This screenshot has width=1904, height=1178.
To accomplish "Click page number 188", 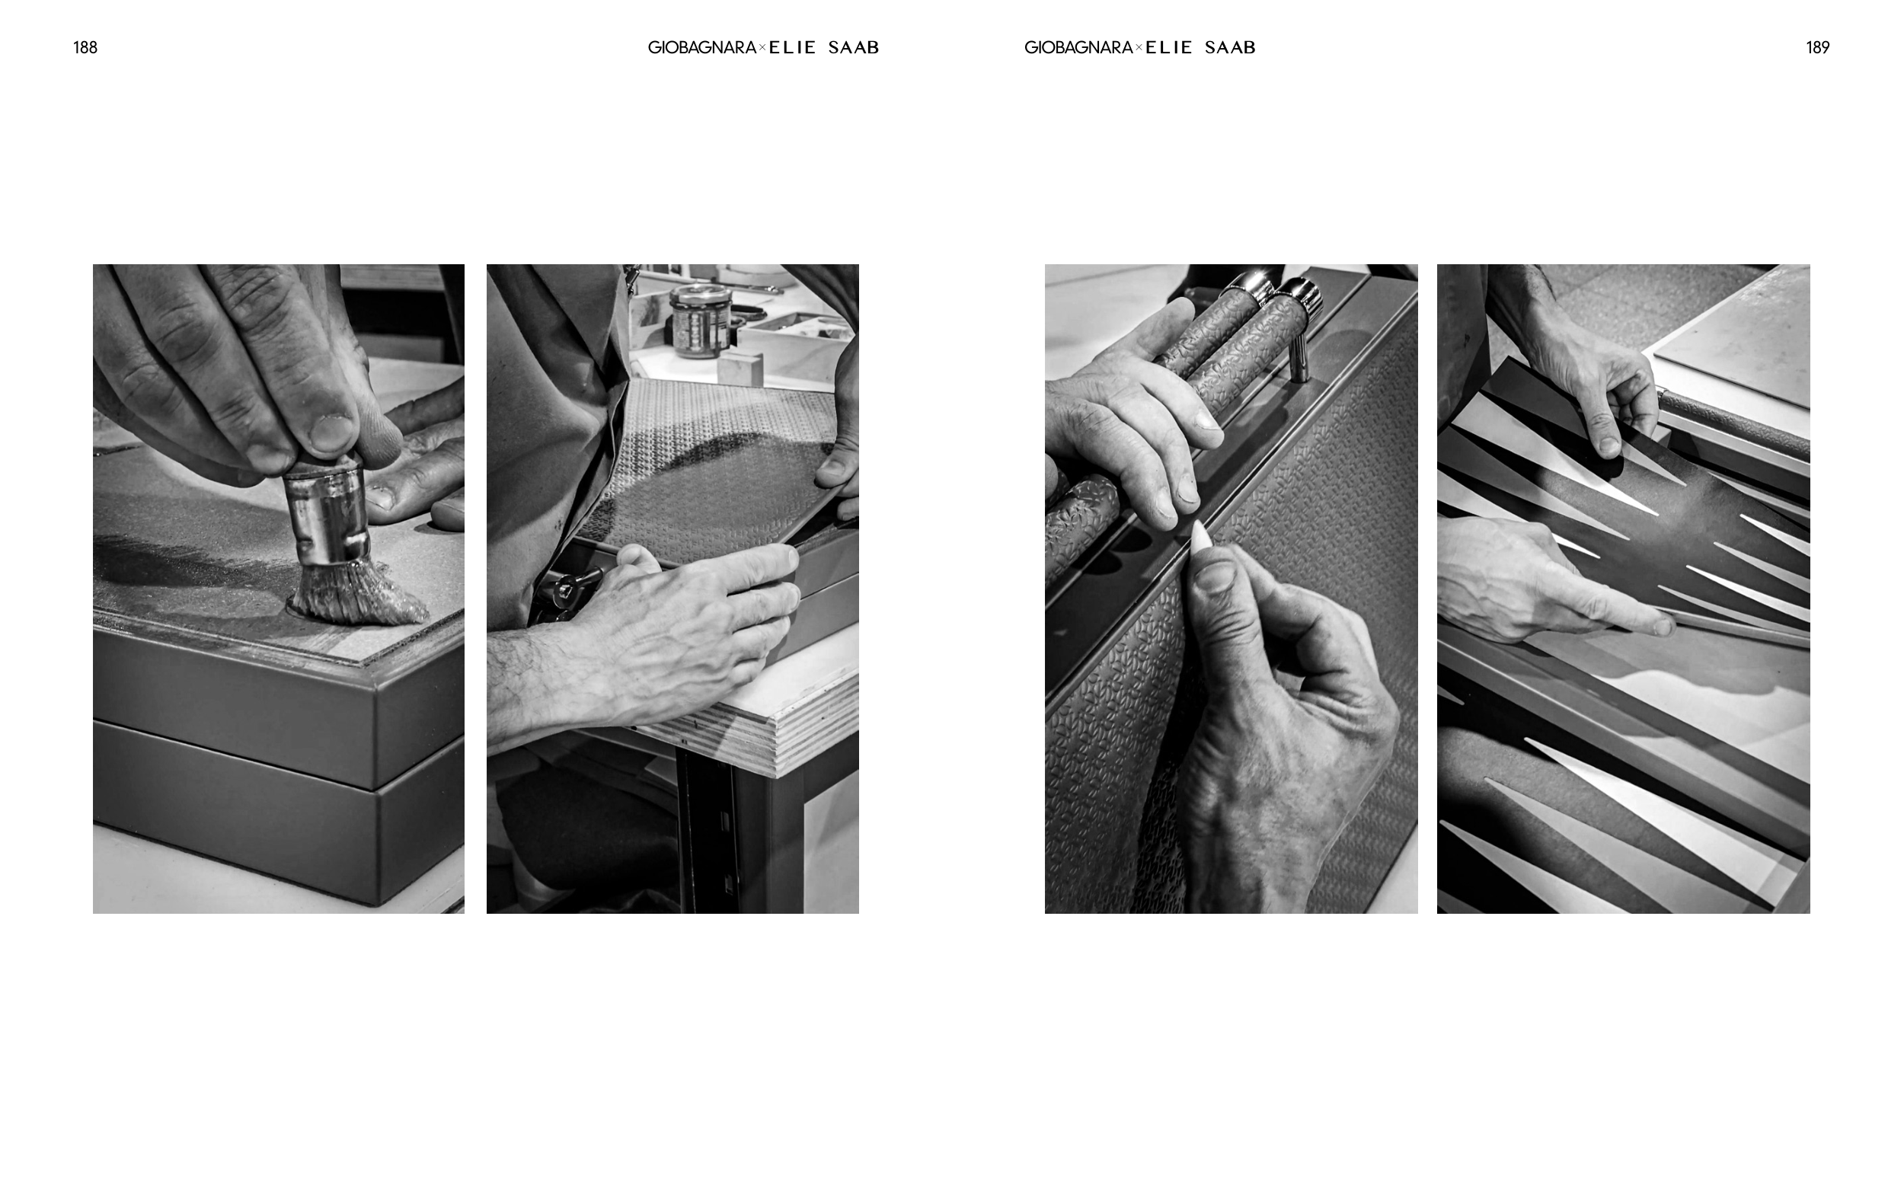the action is (85, 47).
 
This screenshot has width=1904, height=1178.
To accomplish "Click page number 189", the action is (1817, 47).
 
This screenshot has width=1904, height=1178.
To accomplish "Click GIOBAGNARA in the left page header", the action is (702, 47).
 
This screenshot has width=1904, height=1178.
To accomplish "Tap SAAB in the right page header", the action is (1229, 47).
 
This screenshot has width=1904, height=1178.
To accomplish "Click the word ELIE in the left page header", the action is (792, 47).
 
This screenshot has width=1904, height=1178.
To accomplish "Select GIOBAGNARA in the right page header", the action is (1078, 47).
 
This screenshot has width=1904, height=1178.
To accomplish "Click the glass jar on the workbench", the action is (700, 321).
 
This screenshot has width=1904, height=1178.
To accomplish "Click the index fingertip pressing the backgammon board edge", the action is (1661, 626).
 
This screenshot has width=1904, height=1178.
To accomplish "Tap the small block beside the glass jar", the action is (740, 368).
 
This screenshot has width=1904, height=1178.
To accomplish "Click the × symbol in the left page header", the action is (762, 48).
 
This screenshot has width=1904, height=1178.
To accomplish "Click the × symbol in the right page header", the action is (1139, 48).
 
